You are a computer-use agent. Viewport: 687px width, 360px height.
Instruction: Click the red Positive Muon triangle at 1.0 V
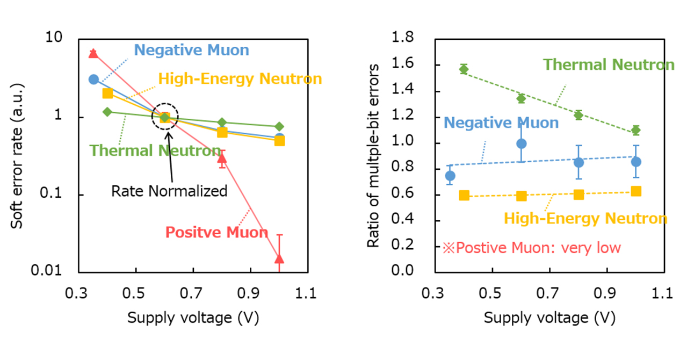279,259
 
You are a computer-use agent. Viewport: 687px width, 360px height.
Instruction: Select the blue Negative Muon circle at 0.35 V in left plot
93,80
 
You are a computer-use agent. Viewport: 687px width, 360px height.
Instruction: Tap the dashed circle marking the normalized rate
165,117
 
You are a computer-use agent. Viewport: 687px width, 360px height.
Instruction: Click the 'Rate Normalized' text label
169,191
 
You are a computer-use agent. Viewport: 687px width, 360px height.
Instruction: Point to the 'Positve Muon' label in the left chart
216,232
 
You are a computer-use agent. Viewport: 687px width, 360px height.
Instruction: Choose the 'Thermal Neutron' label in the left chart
155,150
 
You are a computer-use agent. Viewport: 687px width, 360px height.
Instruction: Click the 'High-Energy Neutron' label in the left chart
240,79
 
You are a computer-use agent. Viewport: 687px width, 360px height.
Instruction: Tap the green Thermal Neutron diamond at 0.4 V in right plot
464,69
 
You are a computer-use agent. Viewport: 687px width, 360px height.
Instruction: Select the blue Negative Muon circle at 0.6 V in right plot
521,143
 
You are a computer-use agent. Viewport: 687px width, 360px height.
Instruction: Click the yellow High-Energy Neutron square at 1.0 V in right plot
636,191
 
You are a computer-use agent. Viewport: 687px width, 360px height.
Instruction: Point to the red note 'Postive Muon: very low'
531,248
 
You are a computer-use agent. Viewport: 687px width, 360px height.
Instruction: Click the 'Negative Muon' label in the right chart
501,123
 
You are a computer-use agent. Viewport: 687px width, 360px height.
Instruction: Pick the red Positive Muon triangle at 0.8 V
222,157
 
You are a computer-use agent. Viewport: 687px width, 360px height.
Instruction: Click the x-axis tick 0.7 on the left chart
193,294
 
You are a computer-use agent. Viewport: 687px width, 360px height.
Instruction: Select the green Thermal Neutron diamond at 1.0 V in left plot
279,126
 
